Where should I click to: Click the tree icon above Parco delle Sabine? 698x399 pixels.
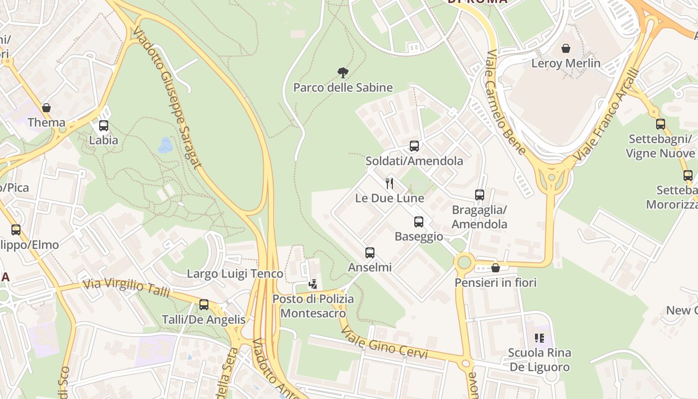(343, 73)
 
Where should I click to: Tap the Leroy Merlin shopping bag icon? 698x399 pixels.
(566, 48)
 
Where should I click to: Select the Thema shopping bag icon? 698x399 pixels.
(46, 108)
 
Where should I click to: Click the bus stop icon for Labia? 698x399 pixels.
(104, 126)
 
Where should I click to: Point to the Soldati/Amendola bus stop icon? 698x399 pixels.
(414, 146)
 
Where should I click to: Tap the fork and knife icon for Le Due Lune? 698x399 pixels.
(389, 184)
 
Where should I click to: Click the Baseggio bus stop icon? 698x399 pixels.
(419, 222)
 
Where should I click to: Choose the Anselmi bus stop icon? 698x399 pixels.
(369, 253)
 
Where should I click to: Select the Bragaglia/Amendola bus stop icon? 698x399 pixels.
(480, 195)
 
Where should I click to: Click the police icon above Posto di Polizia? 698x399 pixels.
(313, 284)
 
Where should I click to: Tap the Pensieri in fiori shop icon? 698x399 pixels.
(496, 268)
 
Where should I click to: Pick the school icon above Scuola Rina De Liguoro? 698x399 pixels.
(539, 339)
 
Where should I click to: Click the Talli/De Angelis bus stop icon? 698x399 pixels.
(203, 305)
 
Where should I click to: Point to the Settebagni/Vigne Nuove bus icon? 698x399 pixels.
(661, 124)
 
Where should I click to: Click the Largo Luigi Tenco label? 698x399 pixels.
(235, 274)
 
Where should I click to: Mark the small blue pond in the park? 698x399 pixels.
(165, 145)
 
